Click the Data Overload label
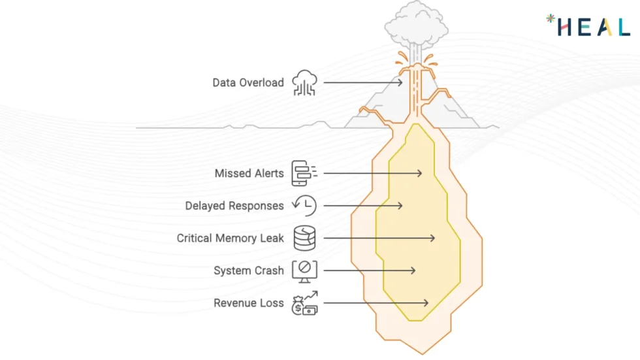point(248,83)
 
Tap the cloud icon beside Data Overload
point(304,83)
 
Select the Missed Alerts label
point(249,174)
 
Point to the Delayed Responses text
point(234,206)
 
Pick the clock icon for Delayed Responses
point(304,206)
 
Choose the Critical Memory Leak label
point(231,238)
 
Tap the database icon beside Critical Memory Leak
point(304,238)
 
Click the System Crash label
point(249,270)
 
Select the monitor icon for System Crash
point(304,269)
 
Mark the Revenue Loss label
point(249,303)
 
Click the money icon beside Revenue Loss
point(304,303)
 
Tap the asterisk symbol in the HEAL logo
point(550,19)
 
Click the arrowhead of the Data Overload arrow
point(400,82)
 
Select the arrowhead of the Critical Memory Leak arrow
point(433,238)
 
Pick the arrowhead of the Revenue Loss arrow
point(426,303)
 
